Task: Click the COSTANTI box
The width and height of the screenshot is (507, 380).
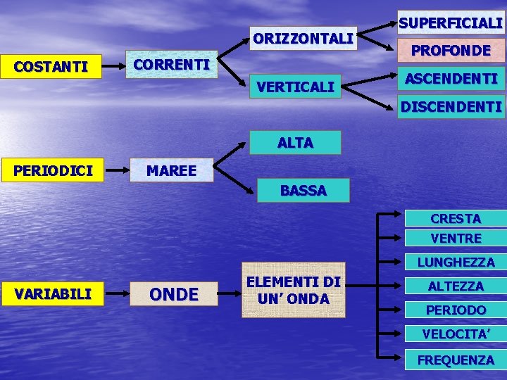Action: tap(51, 68)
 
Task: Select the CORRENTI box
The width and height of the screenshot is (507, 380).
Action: tap(171, 64)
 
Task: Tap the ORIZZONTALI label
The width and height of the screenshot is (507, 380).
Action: tap(303, 39)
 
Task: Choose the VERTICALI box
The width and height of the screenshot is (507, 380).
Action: tap(296, 87)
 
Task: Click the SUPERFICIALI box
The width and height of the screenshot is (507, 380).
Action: tap(451, 23)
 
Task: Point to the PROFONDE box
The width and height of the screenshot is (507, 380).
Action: tap(451, 51)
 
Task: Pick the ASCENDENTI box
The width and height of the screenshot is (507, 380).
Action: tap(451, 79)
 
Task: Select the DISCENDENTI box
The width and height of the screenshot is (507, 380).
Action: tap(451, 107)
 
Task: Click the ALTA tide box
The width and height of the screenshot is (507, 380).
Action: tap(295, 143)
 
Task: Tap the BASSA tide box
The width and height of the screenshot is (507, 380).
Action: tap(303, 191)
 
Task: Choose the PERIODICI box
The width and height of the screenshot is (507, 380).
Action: tap(51, 170)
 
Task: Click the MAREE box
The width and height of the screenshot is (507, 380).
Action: tap(171, 170)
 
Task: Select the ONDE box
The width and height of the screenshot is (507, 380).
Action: tap(174, 294)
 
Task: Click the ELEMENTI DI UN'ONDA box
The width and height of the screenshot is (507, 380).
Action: tap(294, 290)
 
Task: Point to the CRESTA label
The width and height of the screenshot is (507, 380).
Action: tap(456, 219)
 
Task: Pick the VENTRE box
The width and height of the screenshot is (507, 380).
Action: tap(456, 239)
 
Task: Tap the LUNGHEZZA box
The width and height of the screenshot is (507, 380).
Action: tap(456, 262)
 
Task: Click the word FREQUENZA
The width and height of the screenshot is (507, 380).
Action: tap(456, 360)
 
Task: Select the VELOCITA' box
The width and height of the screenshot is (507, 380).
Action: tap(456, 334)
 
